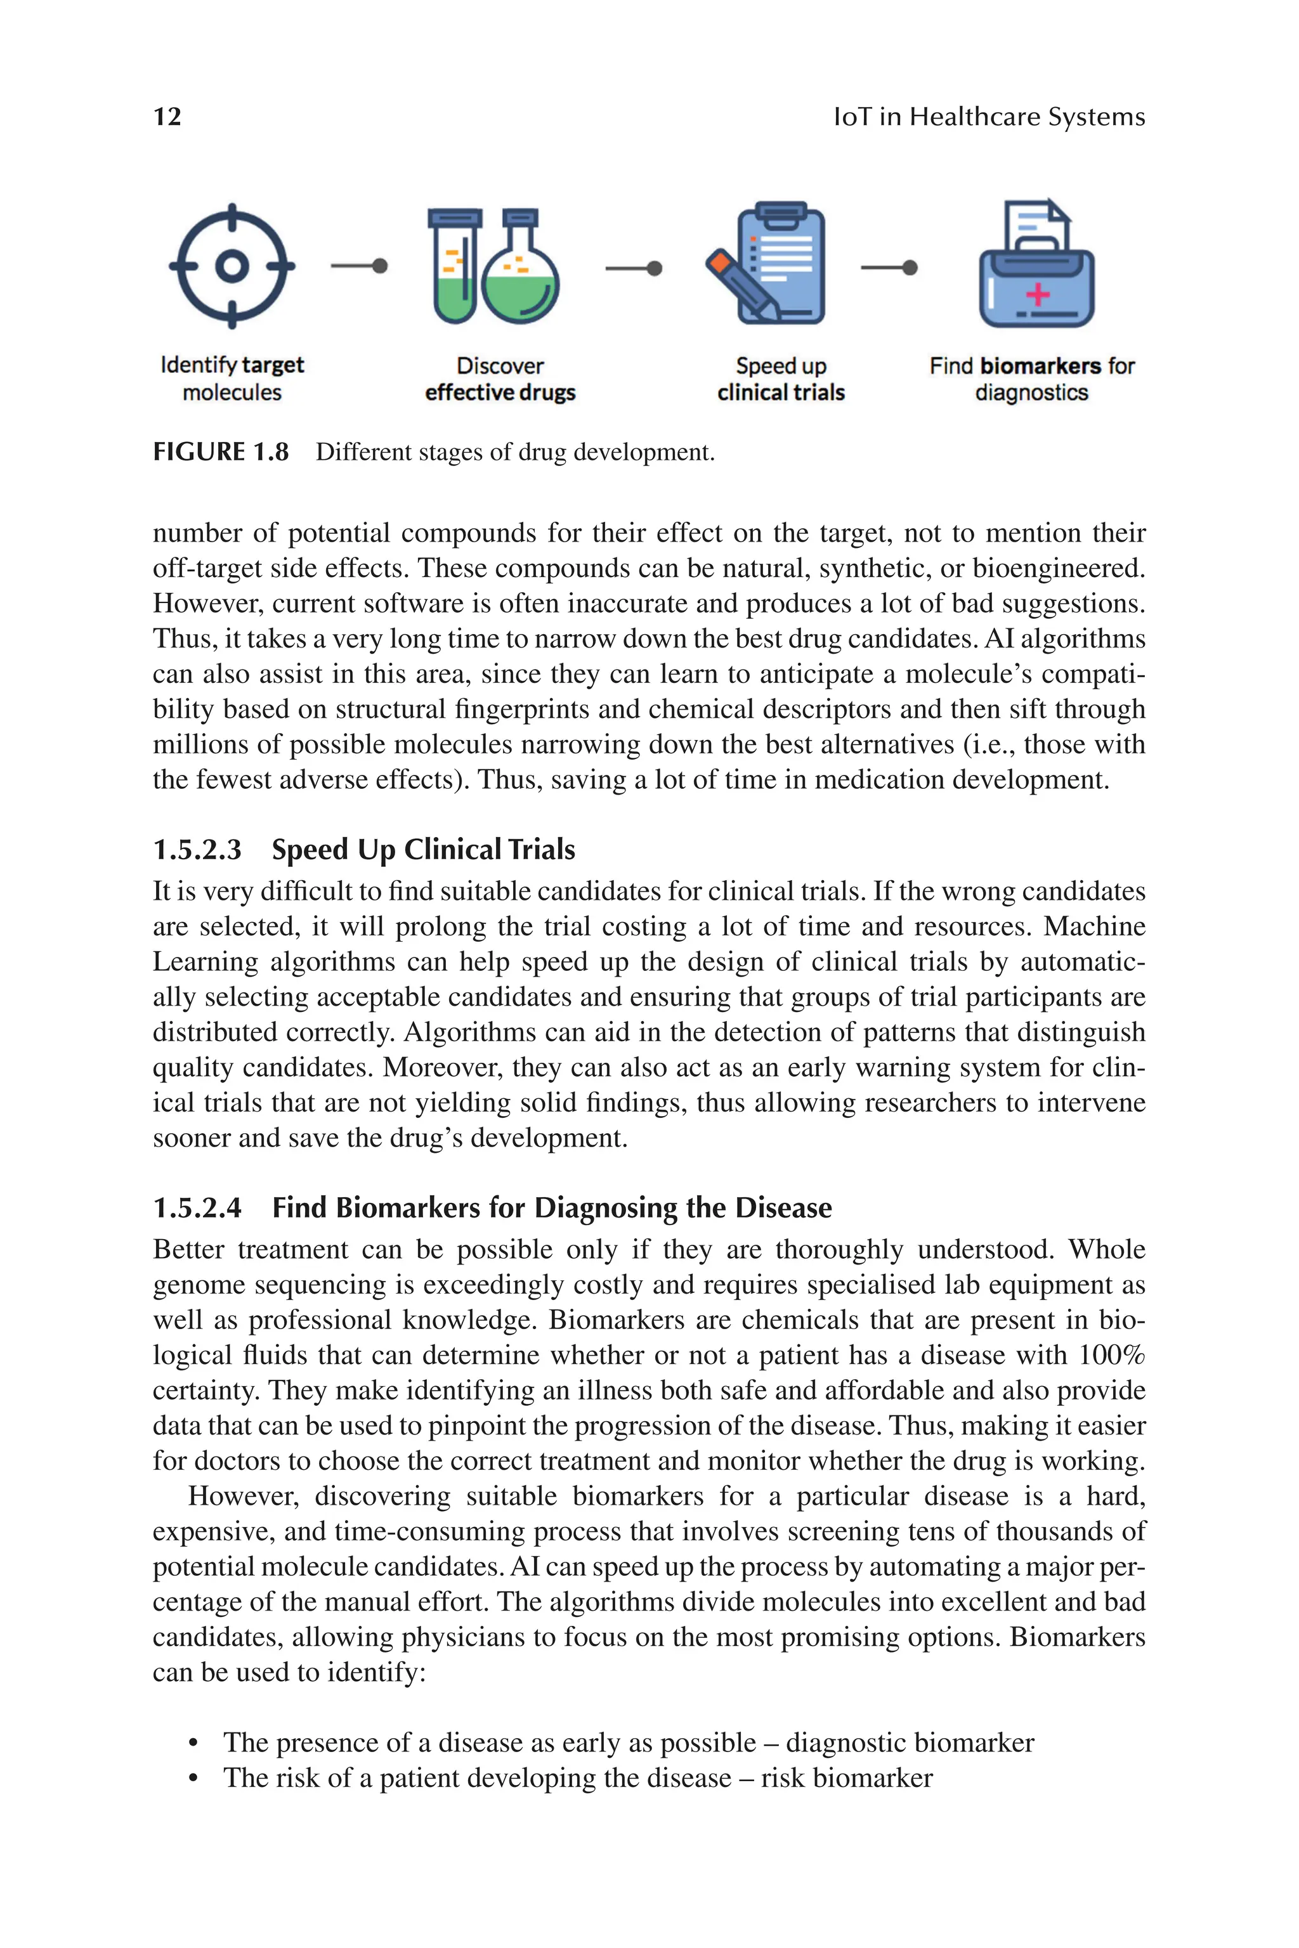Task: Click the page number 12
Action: tap(167, 117)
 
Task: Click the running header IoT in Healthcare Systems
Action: tap(989, 117)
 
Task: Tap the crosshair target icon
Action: tap(232, 266)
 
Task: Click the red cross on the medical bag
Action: tap(1037, 294)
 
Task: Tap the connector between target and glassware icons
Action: tap(359, 266)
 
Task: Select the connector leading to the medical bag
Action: tap(889, 268)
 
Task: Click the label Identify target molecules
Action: tap(232, 379)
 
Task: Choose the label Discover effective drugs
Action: tap(500, 379)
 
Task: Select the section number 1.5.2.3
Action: tap(197, 850)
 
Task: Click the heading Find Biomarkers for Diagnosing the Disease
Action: tap(552, 1207)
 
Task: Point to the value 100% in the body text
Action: tap(1112, 1355)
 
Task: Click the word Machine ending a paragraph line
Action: tap(1093, 926)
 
